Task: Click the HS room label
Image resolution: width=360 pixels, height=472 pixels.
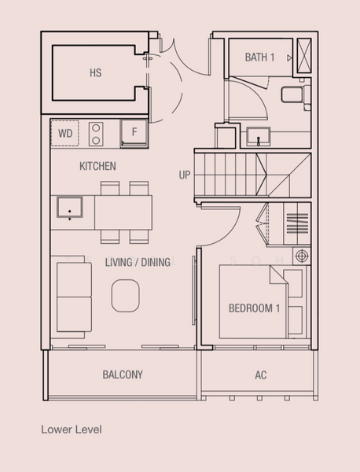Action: coord(96,73)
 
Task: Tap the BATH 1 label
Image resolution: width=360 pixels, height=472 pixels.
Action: coord(260,57)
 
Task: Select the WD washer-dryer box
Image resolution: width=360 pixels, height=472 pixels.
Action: coord(65,133)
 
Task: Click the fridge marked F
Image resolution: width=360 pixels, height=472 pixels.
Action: coord(134,133)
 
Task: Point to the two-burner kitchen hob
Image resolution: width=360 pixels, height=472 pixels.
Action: coord(96,135)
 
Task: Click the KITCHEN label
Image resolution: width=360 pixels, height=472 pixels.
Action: coord(97,166)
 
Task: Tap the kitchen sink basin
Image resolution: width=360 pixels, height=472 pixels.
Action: coord(70,207)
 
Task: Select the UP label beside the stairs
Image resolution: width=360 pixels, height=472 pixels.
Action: coord(185,175)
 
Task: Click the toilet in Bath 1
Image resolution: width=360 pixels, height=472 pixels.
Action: coord(296,94)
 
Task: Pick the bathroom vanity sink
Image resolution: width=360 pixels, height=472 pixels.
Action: coord(259,137)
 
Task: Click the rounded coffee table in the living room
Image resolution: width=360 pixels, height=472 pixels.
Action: coord(126,295)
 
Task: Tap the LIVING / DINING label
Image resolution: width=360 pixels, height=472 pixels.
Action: coord(138,262)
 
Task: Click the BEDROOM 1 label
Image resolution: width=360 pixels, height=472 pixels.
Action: coord(254,308)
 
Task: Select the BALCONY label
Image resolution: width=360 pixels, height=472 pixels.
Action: coord(123,374)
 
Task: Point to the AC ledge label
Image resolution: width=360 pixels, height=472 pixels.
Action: coord(260,375)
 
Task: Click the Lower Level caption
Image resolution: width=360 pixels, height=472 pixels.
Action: coord(72,430)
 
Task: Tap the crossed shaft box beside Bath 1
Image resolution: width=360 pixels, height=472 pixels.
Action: coord(304,56)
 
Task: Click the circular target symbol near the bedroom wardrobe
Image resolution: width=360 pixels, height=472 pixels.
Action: coord(301,256)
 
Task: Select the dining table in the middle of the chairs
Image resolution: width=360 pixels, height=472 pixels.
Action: coord(123,212)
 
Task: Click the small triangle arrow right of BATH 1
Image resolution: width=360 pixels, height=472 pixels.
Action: coord(289,58)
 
